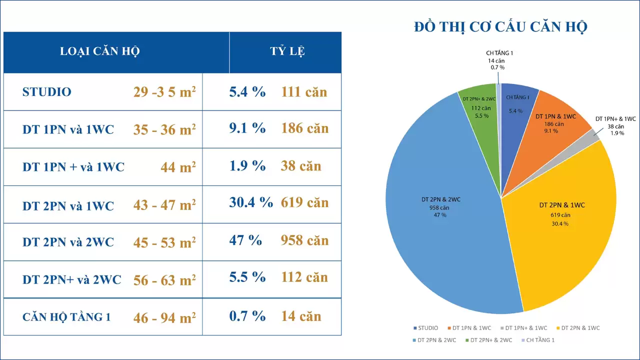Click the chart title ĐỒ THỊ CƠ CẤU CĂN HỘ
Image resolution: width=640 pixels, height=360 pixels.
click(500, 26)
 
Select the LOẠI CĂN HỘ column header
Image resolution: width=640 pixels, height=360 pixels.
click(99, 51)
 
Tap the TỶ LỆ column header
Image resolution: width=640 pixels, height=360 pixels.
click(287, 51)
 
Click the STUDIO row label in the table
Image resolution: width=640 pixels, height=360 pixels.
click(47, 92)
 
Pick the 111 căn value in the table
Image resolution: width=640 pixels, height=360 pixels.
click(304, 92)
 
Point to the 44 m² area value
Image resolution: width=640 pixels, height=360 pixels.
click(178, 167)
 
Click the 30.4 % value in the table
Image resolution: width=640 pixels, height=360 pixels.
click(251, 202)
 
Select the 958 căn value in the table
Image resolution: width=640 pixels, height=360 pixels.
click(304, 240)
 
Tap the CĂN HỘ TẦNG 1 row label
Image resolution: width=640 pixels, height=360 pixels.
click(66, 317)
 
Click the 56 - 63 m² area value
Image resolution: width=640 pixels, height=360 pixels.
click(164, 280)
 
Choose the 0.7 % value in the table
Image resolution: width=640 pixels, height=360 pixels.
click(247, 316)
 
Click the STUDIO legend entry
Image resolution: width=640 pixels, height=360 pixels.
click(425, 328)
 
